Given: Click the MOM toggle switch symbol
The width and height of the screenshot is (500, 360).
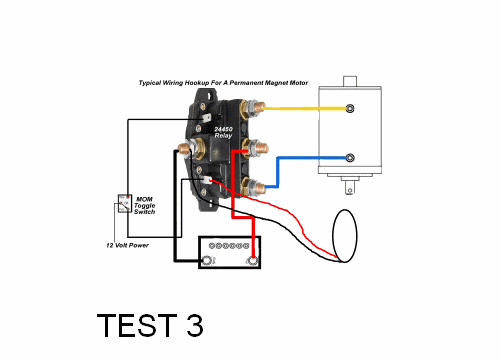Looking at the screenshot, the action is (124, 203).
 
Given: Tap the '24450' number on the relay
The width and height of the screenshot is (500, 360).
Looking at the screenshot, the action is (223, 129).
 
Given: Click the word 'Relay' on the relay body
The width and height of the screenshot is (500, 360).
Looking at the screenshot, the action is (223, 136).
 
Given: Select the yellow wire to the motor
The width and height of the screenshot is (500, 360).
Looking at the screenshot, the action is (306, 108).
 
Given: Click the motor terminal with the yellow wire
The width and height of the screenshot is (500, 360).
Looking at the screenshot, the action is (350, 108).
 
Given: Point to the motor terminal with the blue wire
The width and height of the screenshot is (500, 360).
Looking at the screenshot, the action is (350, 158).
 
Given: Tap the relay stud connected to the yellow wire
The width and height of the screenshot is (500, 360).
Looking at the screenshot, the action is (254, 108).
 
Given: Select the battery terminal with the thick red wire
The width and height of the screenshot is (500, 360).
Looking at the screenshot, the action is (253, 260).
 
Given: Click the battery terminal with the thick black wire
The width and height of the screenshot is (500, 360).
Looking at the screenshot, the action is (207, 260).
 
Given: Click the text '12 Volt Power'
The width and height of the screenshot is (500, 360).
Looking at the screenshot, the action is (127, 245).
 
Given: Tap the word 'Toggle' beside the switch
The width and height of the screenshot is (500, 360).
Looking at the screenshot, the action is (145, 206).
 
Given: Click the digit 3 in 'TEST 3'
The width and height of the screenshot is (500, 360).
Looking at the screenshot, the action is (195, 325).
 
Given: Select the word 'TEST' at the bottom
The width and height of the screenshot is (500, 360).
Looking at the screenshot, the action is (137, 325).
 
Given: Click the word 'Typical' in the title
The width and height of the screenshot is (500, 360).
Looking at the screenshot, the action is (150, 83).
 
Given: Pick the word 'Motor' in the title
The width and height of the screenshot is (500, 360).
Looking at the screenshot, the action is (299, 82).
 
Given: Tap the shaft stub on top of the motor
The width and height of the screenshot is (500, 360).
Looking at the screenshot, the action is (350, 81).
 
